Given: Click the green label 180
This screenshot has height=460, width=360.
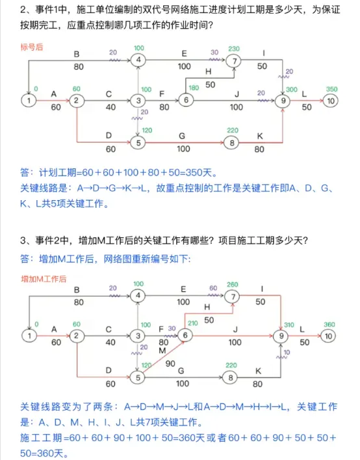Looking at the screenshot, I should pyautogui.click(x=194, y=87).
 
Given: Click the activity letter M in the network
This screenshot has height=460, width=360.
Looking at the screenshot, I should pyautogui.click(x=162, y=351).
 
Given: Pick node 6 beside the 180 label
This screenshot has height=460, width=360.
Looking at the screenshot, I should pyautogui.click(x=186, y=100).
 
